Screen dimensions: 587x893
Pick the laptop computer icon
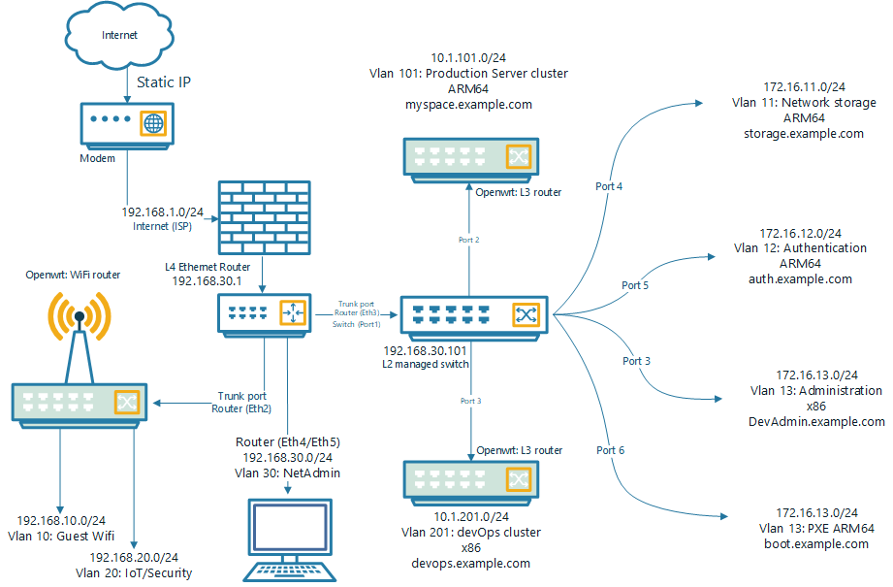click(x=288, y=538)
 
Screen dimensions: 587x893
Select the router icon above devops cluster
click(x=470, y=479)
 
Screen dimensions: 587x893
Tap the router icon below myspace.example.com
click(x=470, y=156)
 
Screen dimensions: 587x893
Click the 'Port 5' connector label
click(x=635, y=285)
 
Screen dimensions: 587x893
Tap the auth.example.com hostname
click(x=801, y=278)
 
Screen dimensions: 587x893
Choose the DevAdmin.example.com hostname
click(x=816, y=421)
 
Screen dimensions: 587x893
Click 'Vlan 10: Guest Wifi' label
click(x=63, y=535)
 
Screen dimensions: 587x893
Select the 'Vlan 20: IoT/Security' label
click(x=141, y=572)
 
